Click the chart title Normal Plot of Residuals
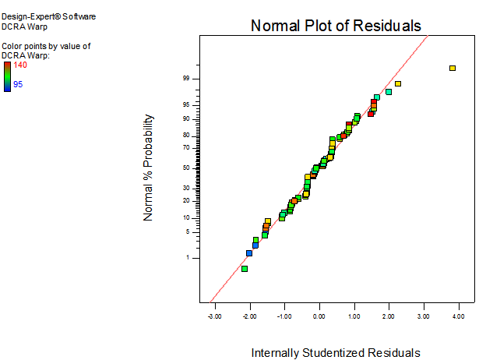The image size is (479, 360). point(336,26)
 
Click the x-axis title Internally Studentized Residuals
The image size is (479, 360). point(335,353)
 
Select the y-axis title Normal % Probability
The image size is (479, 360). point(149,168)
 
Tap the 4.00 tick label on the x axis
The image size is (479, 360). point(458,316)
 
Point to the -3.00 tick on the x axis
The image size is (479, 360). point(214,316)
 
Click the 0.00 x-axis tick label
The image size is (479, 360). point(319,316)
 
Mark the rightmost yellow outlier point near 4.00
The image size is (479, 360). point(453,69)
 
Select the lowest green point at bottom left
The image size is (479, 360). point(245,269)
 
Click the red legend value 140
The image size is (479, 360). point(21,65)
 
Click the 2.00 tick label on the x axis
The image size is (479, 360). point(389,316)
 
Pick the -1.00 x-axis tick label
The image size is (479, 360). point(284,316)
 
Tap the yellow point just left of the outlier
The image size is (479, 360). point(397,83)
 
